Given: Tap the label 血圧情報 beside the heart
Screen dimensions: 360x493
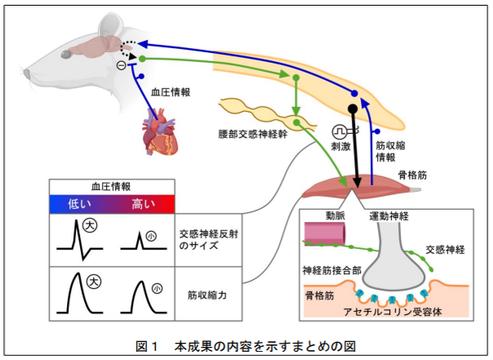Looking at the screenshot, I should coord(171,93).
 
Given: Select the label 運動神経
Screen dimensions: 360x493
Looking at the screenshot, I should coord(389,216).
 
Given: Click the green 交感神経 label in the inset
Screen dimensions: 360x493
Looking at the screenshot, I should coord(446,251).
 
